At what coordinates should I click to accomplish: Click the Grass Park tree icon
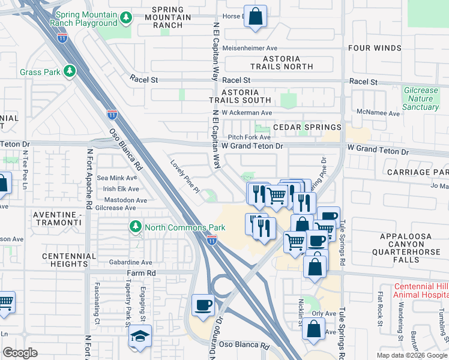click(70, 72)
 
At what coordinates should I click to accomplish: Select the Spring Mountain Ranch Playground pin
click(125, 19)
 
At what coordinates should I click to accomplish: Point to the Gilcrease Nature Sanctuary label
click(421, 98)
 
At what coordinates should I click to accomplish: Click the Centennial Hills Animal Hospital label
click(420, 290)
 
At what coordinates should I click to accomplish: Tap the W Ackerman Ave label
click(247, 113)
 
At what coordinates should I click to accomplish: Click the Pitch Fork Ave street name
click(249, 137)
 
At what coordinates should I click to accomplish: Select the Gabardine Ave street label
click(131, 263)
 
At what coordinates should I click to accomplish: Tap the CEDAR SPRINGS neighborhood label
click(307, 127)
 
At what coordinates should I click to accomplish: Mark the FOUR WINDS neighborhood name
click(375, 48)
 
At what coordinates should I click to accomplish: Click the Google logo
click(20, 353)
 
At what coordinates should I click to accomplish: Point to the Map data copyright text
click(411, 355)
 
